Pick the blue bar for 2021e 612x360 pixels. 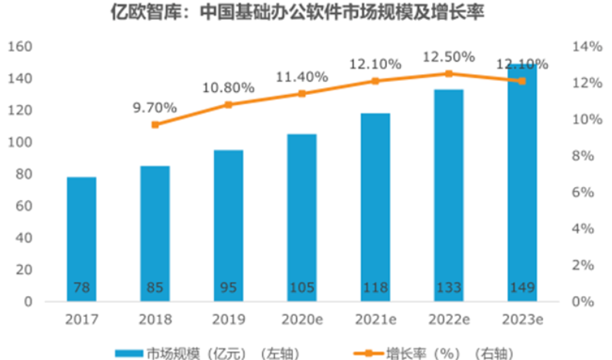376,205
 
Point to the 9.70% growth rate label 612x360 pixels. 155,107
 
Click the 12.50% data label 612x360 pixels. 449,57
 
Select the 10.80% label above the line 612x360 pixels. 229,87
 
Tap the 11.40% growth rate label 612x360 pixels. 302,76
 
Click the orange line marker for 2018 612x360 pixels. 155,124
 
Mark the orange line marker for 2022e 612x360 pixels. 449,74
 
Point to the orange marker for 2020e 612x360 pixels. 302,93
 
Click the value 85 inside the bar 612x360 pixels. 155,288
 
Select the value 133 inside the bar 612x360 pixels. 449,288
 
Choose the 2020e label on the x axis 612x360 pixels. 302,318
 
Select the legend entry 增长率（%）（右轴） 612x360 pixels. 427,350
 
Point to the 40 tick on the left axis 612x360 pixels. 22,238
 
